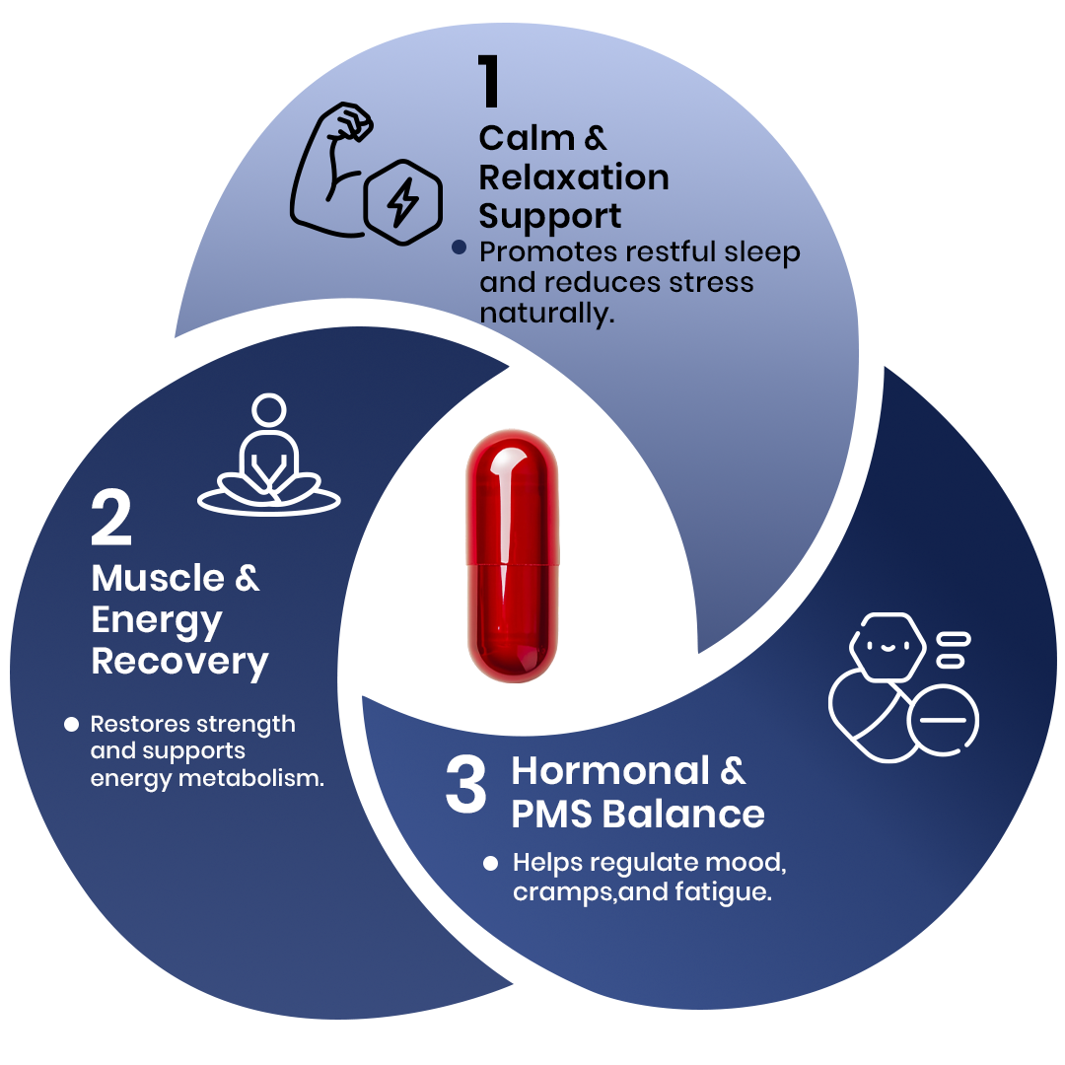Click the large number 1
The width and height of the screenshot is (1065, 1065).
490,83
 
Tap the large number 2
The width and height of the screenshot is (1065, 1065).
110,521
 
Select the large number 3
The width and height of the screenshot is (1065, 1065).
466,786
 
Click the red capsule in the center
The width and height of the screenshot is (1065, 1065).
512,554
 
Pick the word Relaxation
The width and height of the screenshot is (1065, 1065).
574,177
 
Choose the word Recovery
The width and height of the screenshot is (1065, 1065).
179,661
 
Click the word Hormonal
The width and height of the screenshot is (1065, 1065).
610,770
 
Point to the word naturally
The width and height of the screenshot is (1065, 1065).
545,314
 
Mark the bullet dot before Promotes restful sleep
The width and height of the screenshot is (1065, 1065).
459,248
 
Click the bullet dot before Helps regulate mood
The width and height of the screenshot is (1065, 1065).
490,864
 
